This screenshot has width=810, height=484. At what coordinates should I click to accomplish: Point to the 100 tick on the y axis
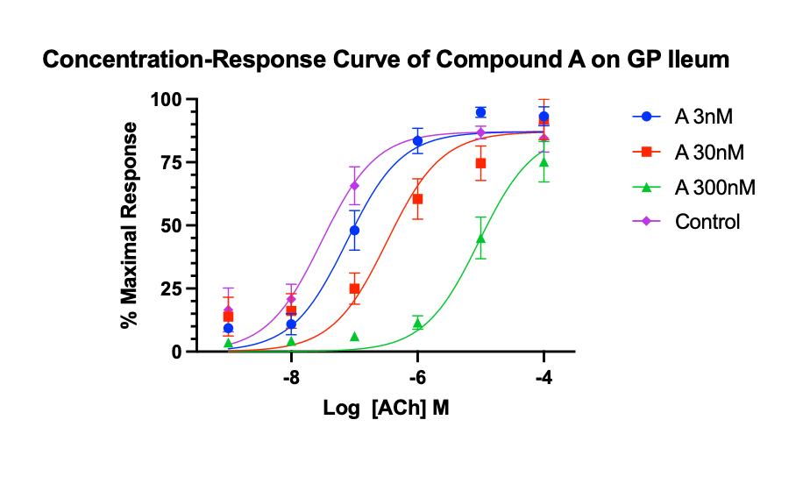pyautogui.click(x=167, y=100)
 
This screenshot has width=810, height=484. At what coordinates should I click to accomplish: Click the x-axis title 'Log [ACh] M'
pyautogui.click(x=387, y=408)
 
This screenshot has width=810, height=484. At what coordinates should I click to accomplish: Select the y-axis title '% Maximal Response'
pyautogui.click(x=130, y=225)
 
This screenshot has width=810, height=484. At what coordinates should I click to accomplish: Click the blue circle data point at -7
pyautogui.click(x=354, y=231)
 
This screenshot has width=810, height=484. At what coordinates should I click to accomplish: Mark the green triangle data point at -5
pyautogui.click(x=480, y=238)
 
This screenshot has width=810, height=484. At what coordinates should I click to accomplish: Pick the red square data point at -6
pyautogui.click(x=417, y=199)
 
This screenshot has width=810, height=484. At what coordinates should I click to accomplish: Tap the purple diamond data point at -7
pyautogui.click(x=354, y=185)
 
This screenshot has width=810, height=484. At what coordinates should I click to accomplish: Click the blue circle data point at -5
pyautogui.click(x=480, y=112)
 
